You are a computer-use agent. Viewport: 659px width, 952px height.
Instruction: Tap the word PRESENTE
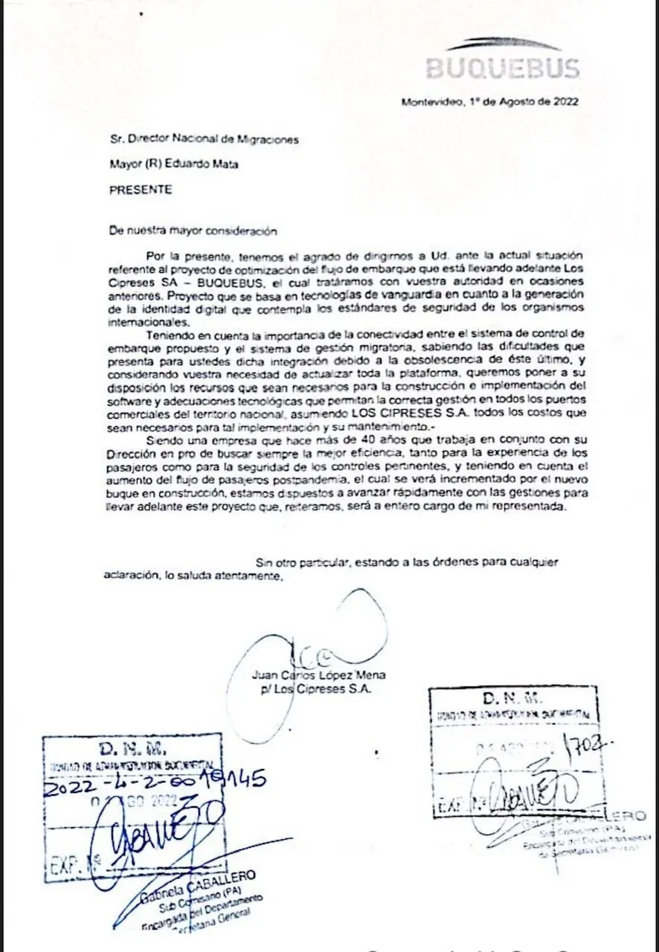141,190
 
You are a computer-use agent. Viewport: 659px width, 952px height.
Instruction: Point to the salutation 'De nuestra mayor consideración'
182,231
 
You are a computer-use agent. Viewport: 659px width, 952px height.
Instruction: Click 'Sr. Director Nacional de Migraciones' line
204,139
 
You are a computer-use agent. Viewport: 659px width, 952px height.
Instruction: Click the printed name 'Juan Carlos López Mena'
318,675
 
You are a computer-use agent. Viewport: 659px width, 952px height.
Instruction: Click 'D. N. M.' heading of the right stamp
512,698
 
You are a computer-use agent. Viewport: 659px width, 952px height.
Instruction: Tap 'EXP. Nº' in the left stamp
70,865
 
